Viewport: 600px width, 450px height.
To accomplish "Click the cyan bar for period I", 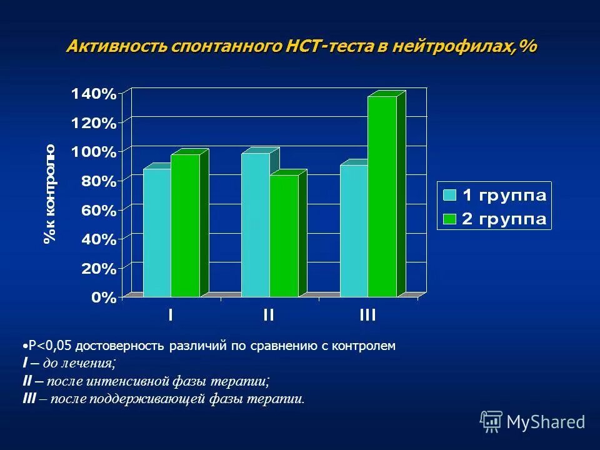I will point(157,232).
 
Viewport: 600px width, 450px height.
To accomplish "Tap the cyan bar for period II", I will point(255,225).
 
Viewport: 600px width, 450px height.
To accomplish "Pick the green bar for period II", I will point(284,236).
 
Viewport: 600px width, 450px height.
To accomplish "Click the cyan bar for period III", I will point(354,231).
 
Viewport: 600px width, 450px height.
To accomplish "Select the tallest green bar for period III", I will point(382,196).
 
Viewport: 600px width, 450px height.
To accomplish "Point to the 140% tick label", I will point(94,94).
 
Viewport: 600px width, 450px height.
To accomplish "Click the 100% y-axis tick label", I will point(94,152).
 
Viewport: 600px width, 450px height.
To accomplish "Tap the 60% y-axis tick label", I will point(98,211).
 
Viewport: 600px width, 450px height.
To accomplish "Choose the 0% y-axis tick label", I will point(104,298).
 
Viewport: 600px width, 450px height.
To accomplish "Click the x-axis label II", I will point(268,316).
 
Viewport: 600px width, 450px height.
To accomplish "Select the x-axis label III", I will point(367,316).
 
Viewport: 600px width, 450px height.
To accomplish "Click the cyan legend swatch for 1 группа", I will point(449,194).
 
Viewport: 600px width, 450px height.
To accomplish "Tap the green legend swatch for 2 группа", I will point(449,218).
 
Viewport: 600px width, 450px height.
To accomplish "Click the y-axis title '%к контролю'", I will point(50,193).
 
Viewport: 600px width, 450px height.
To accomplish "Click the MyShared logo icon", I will point(491,421).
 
